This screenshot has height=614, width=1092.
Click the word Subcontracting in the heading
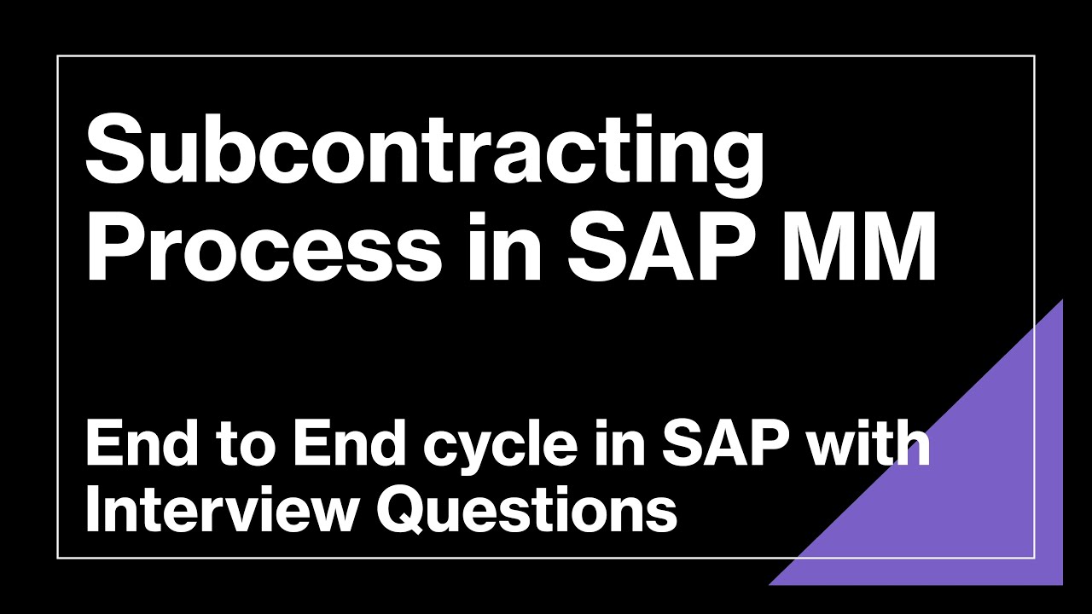pyautogui.click(x=425, y=153)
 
